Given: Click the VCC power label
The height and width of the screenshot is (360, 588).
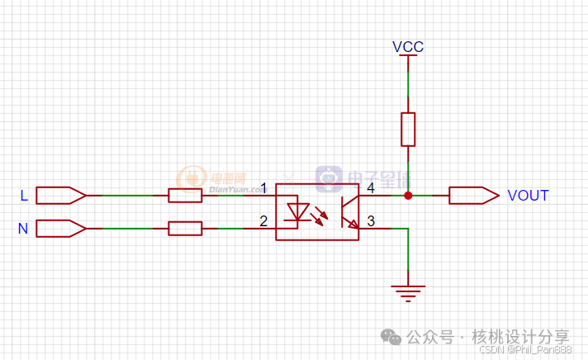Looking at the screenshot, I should coord(408,47).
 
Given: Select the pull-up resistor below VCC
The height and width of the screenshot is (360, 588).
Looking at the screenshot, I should coord(408,130).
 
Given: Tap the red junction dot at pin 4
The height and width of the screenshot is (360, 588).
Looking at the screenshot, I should coord(408,196).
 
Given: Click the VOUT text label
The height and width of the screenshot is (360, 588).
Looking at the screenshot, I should coord(528,196).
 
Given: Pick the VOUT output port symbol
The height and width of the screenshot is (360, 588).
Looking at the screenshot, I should coord(473,196).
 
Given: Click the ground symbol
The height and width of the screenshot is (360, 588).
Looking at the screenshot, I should coord(408,291).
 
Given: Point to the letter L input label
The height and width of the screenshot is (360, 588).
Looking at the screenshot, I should coord(24,196).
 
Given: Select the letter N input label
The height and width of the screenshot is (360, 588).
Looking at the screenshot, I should coord(23,229).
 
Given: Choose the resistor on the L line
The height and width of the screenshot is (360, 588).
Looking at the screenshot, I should coord(185,196).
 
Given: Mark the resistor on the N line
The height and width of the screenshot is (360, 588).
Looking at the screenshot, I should coord(185,228).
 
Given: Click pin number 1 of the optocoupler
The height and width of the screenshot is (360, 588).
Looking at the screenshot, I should coord(263,188).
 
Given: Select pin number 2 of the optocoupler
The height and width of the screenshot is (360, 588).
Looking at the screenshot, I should coord(263,220).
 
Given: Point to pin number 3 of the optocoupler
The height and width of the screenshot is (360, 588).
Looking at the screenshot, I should coord(371,220).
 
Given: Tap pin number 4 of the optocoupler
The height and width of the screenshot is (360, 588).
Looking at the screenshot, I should coord(371,188).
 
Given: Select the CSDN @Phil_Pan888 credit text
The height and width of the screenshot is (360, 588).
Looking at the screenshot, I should coord(525,350).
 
